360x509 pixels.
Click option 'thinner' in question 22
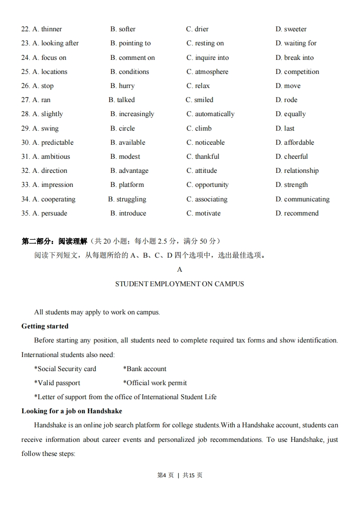(51, 29)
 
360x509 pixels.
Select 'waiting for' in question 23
(300, 43)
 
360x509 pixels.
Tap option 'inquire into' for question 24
(212, 58)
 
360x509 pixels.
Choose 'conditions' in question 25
(133, 72)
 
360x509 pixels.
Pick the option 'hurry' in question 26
(126, 86)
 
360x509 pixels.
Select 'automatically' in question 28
(214, 114)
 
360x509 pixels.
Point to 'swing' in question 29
(49, 128)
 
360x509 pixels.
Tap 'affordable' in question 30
(299, 142)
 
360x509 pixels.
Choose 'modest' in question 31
(129, 157)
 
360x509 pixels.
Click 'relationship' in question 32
(301, 171)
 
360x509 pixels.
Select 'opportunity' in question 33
(212, 185)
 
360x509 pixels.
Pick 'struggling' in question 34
(131, 199)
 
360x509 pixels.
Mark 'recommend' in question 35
(301, 213)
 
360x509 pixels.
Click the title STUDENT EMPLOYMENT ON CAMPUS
(179, 284)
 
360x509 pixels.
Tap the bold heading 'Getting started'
(45, 326)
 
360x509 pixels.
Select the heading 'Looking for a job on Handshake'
(72, 411)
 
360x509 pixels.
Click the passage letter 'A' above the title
(179, 269)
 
